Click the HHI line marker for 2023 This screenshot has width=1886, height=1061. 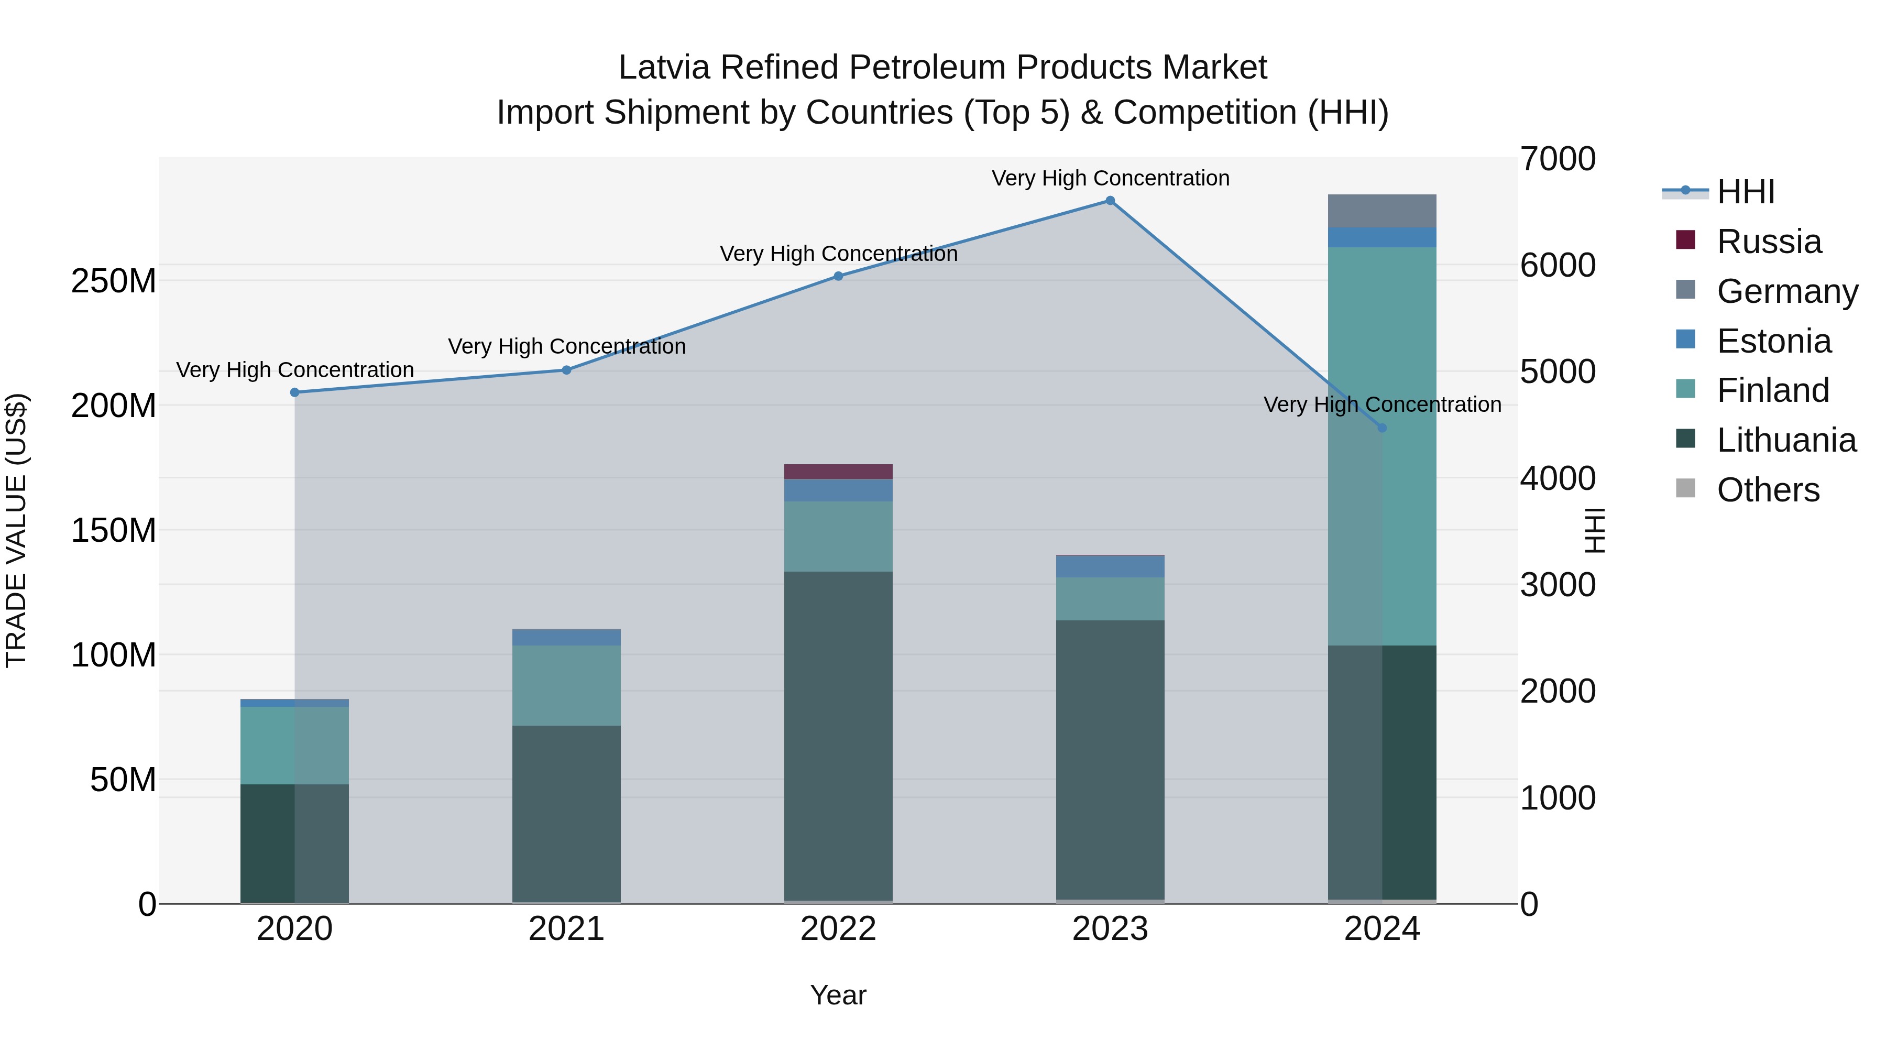[1110, 201]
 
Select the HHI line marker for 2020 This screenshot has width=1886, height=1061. [295, 392]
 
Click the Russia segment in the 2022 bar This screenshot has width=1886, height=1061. [838, 472]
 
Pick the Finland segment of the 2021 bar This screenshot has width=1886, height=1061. [566, 685]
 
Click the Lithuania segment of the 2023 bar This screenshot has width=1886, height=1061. [1110, 761]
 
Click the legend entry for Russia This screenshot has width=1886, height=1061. [1768, 242]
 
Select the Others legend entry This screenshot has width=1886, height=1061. [1768, 490]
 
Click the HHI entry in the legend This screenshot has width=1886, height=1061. [1746, 192]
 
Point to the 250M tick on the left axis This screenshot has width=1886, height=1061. [114, 281]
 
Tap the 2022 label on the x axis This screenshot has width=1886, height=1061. [838, 929]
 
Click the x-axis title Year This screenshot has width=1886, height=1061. [838, 995]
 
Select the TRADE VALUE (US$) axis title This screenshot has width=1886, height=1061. [16, 530]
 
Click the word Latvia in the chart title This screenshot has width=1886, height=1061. [665, 68]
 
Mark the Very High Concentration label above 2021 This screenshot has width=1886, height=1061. [567, 346]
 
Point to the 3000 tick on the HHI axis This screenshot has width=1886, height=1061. [1558, 585]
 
